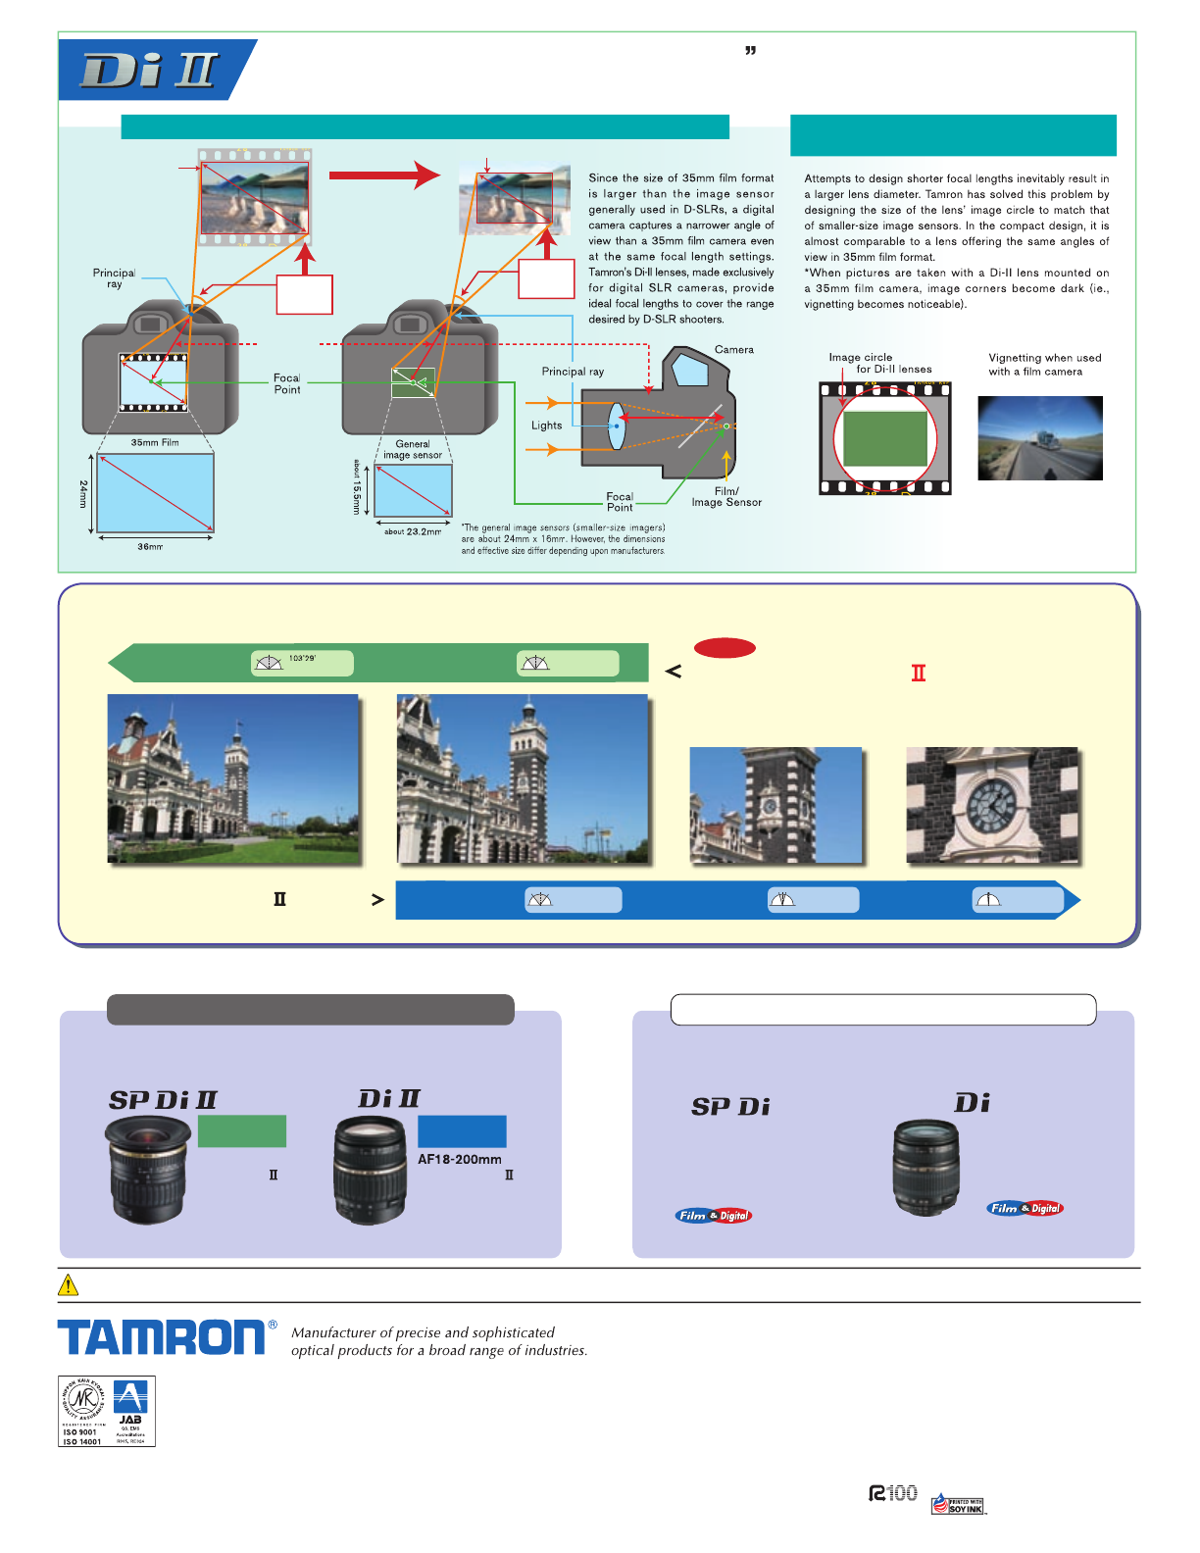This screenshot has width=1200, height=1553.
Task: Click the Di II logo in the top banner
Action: coord(150,71)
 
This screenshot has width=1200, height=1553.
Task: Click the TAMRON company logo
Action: coord(161,1337)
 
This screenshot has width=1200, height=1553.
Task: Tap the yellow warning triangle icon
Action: coord(69,1284)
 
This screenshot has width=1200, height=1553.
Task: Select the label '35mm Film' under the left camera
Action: coord(155,443)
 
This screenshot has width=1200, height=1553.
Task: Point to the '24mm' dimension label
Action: coord(83,494)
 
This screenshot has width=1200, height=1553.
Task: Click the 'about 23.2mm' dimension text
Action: coord(413,531)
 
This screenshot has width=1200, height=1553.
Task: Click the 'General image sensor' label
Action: coord(413,450)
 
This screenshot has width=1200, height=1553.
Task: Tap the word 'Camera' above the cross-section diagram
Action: coord(734,350)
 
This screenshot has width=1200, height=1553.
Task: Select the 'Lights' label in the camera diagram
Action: coord(547,426)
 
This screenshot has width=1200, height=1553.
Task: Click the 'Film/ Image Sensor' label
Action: coord(726,497)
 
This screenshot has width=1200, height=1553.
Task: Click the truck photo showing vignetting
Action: coord(1040,438)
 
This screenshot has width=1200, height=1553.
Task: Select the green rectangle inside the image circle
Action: coord(885,439)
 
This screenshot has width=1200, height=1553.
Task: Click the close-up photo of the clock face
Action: coord(992,805)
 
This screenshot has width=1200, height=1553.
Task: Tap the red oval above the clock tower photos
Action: coord(725,648)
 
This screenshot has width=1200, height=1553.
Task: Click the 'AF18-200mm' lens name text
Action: coord(460,1159)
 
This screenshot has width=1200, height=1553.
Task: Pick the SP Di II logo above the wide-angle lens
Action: coord(163,1100)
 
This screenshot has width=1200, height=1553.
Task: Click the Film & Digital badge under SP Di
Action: coord(714,1216)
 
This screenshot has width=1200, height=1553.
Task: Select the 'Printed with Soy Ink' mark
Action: coord(958,1505)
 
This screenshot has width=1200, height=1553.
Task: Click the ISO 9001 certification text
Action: coord(80,1432)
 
